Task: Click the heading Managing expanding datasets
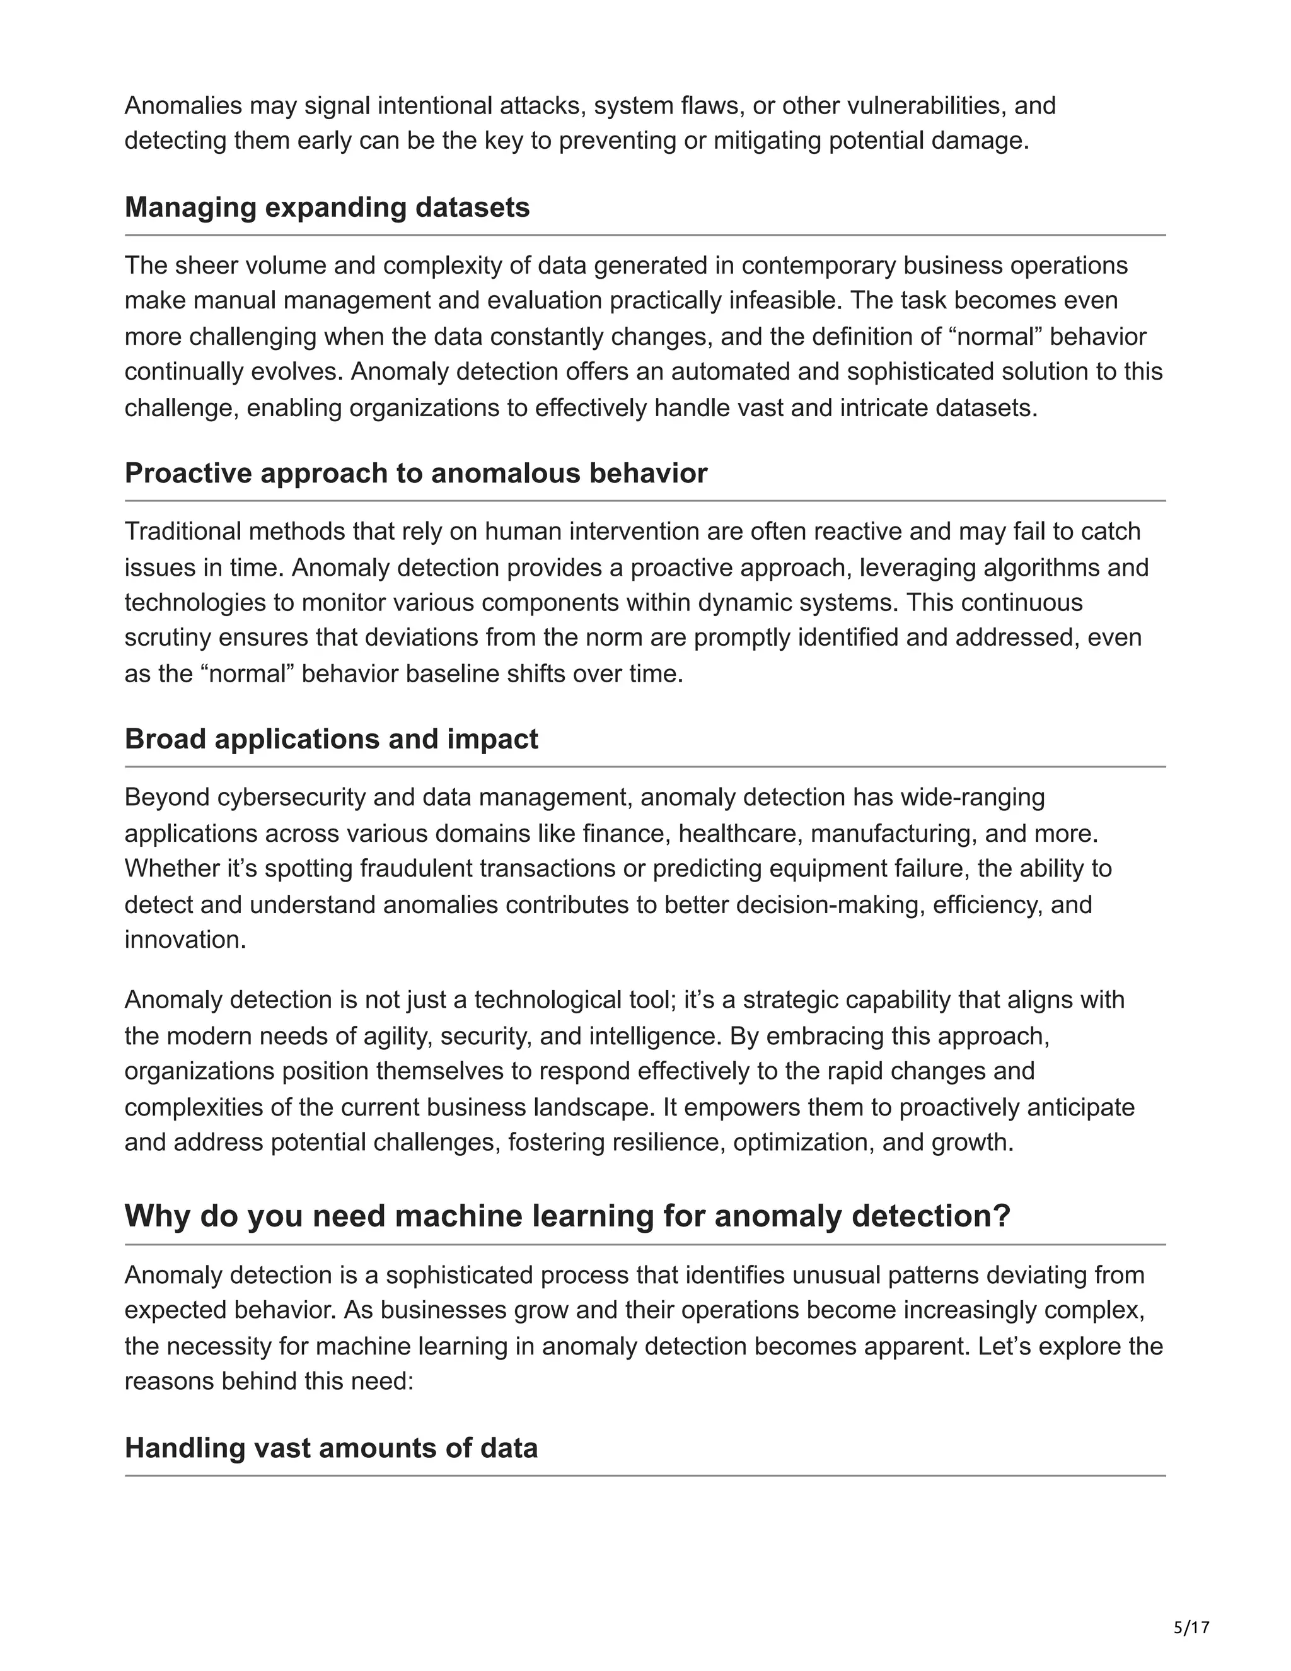(327, 207)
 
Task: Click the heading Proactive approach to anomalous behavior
(415, 473)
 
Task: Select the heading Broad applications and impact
(331, 739)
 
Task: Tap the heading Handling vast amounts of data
(331, 1448)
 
